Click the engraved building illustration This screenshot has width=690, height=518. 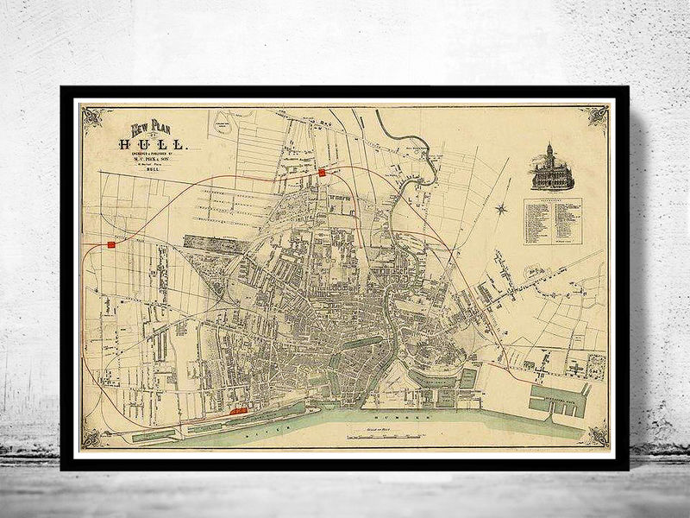pyautogui.click(x=547, y=166)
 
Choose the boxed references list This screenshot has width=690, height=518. pyautogui.click(x=552, y=222)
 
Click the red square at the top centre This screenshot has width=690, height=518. pyautogui.click(x=322, y=173)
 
